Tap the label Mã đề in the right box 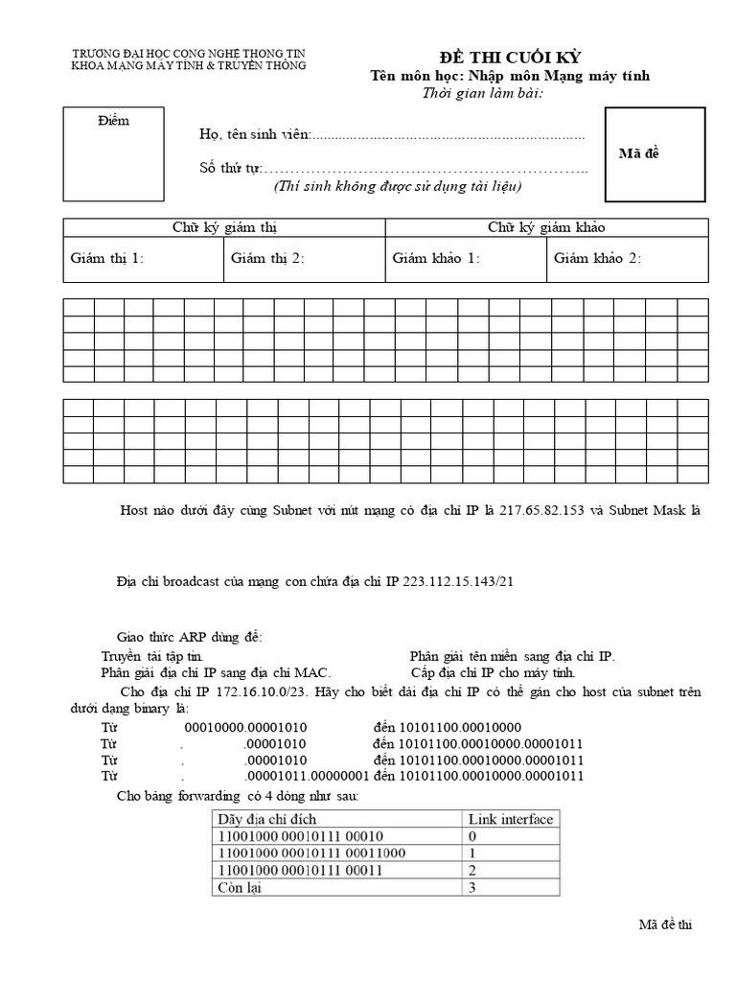pos(639,154)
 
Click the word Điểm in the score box pos(112,121)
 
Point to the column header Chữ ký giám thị pos(224,227)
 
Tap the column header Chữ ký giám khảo pos(546,227)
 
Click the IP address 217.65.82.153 pos(550,511)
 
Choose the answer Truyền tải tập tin pos(152,656)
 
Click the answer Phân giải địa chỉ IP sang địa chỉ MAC pos(216,672)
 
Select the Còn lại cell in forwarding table pos(240,888)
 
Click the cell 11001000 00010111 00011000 pos(311,853)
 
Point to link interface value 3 pos(471,888)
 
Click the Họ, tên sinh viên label pos(254,134)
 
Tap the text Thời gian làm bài pos(483,93)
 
